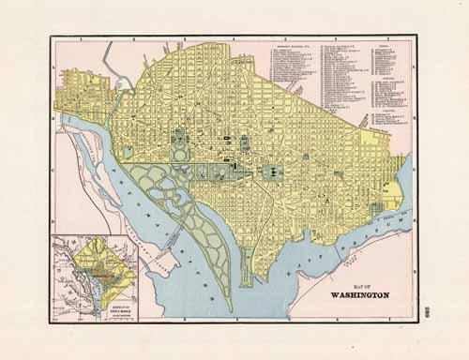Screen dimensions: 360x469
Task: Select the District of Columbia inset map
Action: tap(95, 277)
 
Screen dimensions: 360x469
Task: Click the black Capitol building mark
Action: tap(272, 172)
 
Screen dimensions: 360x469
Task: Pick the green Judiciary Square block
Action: tap(245, 143)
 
